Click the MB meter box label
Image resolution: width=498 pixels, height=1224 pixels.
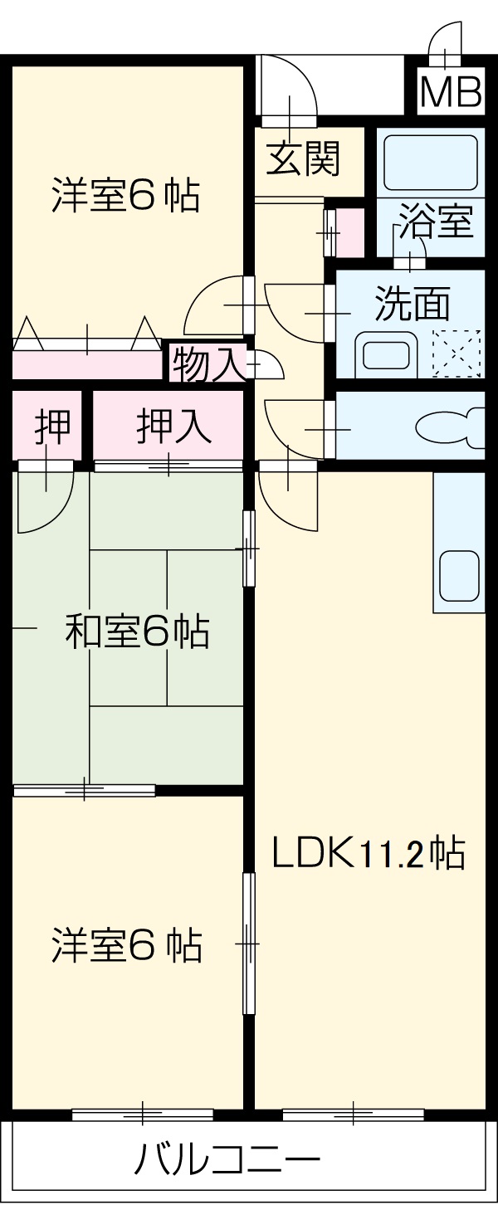click(451, 93)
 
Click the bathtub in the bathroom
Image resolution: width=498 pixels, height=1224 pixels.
click(428, 163)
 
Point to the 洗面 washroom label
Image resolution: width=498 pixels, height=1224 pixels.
click(412, 303)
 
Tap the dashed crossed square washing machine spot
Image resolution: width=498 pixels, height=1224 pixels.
click(457, 353)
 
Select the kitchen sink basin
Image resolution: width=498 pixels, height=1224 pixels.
click(459, 575)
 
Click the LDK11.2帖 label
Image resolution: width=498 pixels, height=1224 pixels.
click(368, 852)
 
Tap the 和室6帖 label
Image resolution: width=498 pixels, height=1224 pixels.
click(137, 632)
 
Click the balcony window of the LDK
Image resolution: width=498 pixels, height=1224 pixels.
click(353, 1114)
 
